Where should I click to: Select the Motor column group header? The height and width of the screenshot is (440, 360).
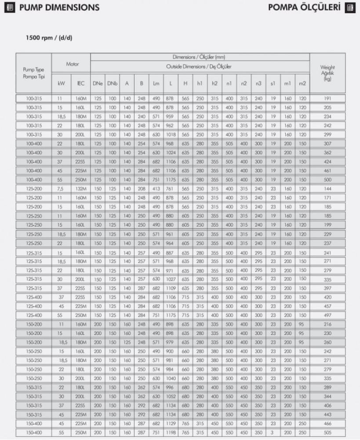(x=72, y=64)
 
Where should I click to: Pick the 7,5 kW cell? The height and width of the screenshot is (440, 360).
(x=60, y=188)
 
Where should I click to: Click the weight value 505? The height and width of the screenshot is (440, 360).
(x=327, y=432)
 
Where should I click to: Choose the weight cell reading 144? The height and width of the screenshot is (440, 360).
(x=327, y=188)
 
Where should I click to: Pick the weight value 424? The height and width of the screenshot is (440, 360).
(x=327, y=161)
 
